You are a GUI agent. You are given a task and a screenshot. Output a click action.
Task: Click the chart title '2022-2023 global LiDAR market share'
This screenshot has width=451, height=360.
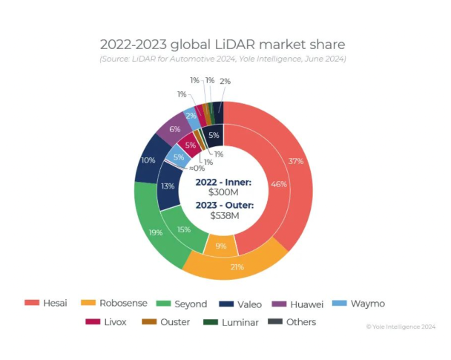[223, 44]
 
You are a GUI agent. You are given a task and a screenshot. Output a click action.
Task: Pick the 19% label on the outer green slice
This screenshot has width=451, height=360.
[155, 232]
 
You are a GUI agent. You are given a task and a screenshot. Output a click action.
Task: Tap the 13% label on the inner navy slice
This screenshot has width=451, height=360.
[168, 186]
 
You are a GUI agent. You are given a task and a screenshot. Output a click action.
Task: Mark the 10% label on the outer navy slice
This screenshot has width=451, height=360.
[148, 160]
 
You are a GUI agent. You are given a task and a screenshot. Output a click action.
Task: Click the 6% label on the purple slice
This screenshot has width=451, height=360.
[174, 129]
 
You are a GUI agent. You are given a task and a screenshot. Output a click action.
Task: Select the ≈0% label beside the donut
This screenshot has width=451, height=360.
[195, 168]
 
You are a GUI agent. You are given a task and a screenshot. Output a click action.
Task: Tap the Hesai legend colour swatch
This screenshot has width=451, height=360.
[32, 303]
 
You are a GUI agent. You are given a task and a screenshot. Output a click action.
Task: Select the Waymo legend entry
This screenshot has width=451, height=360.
[359, 303]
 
